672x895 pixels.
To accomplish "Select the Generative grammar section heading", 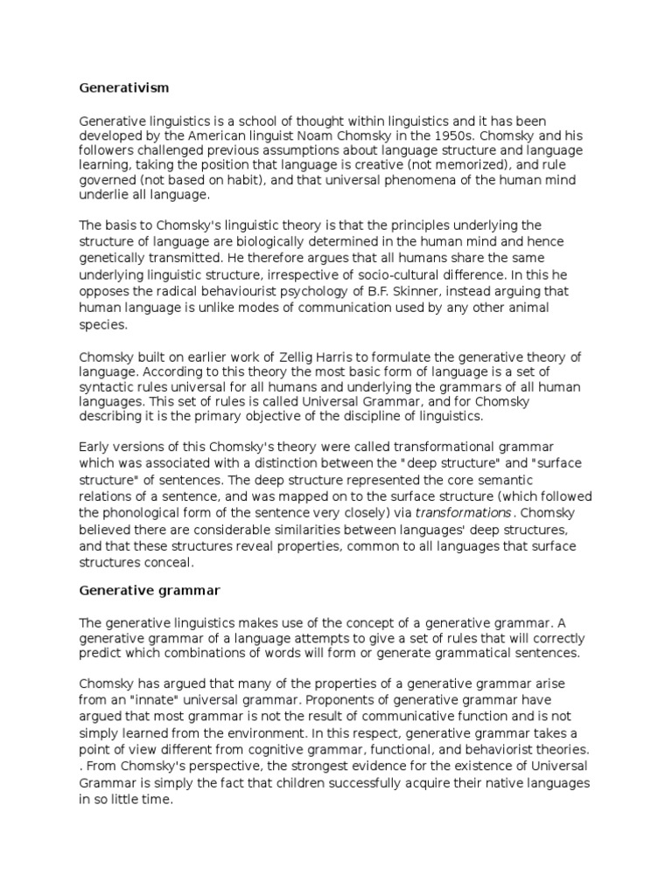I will pos(150,590).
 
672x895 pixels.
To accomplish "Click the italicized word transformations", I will pos(449,512).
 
